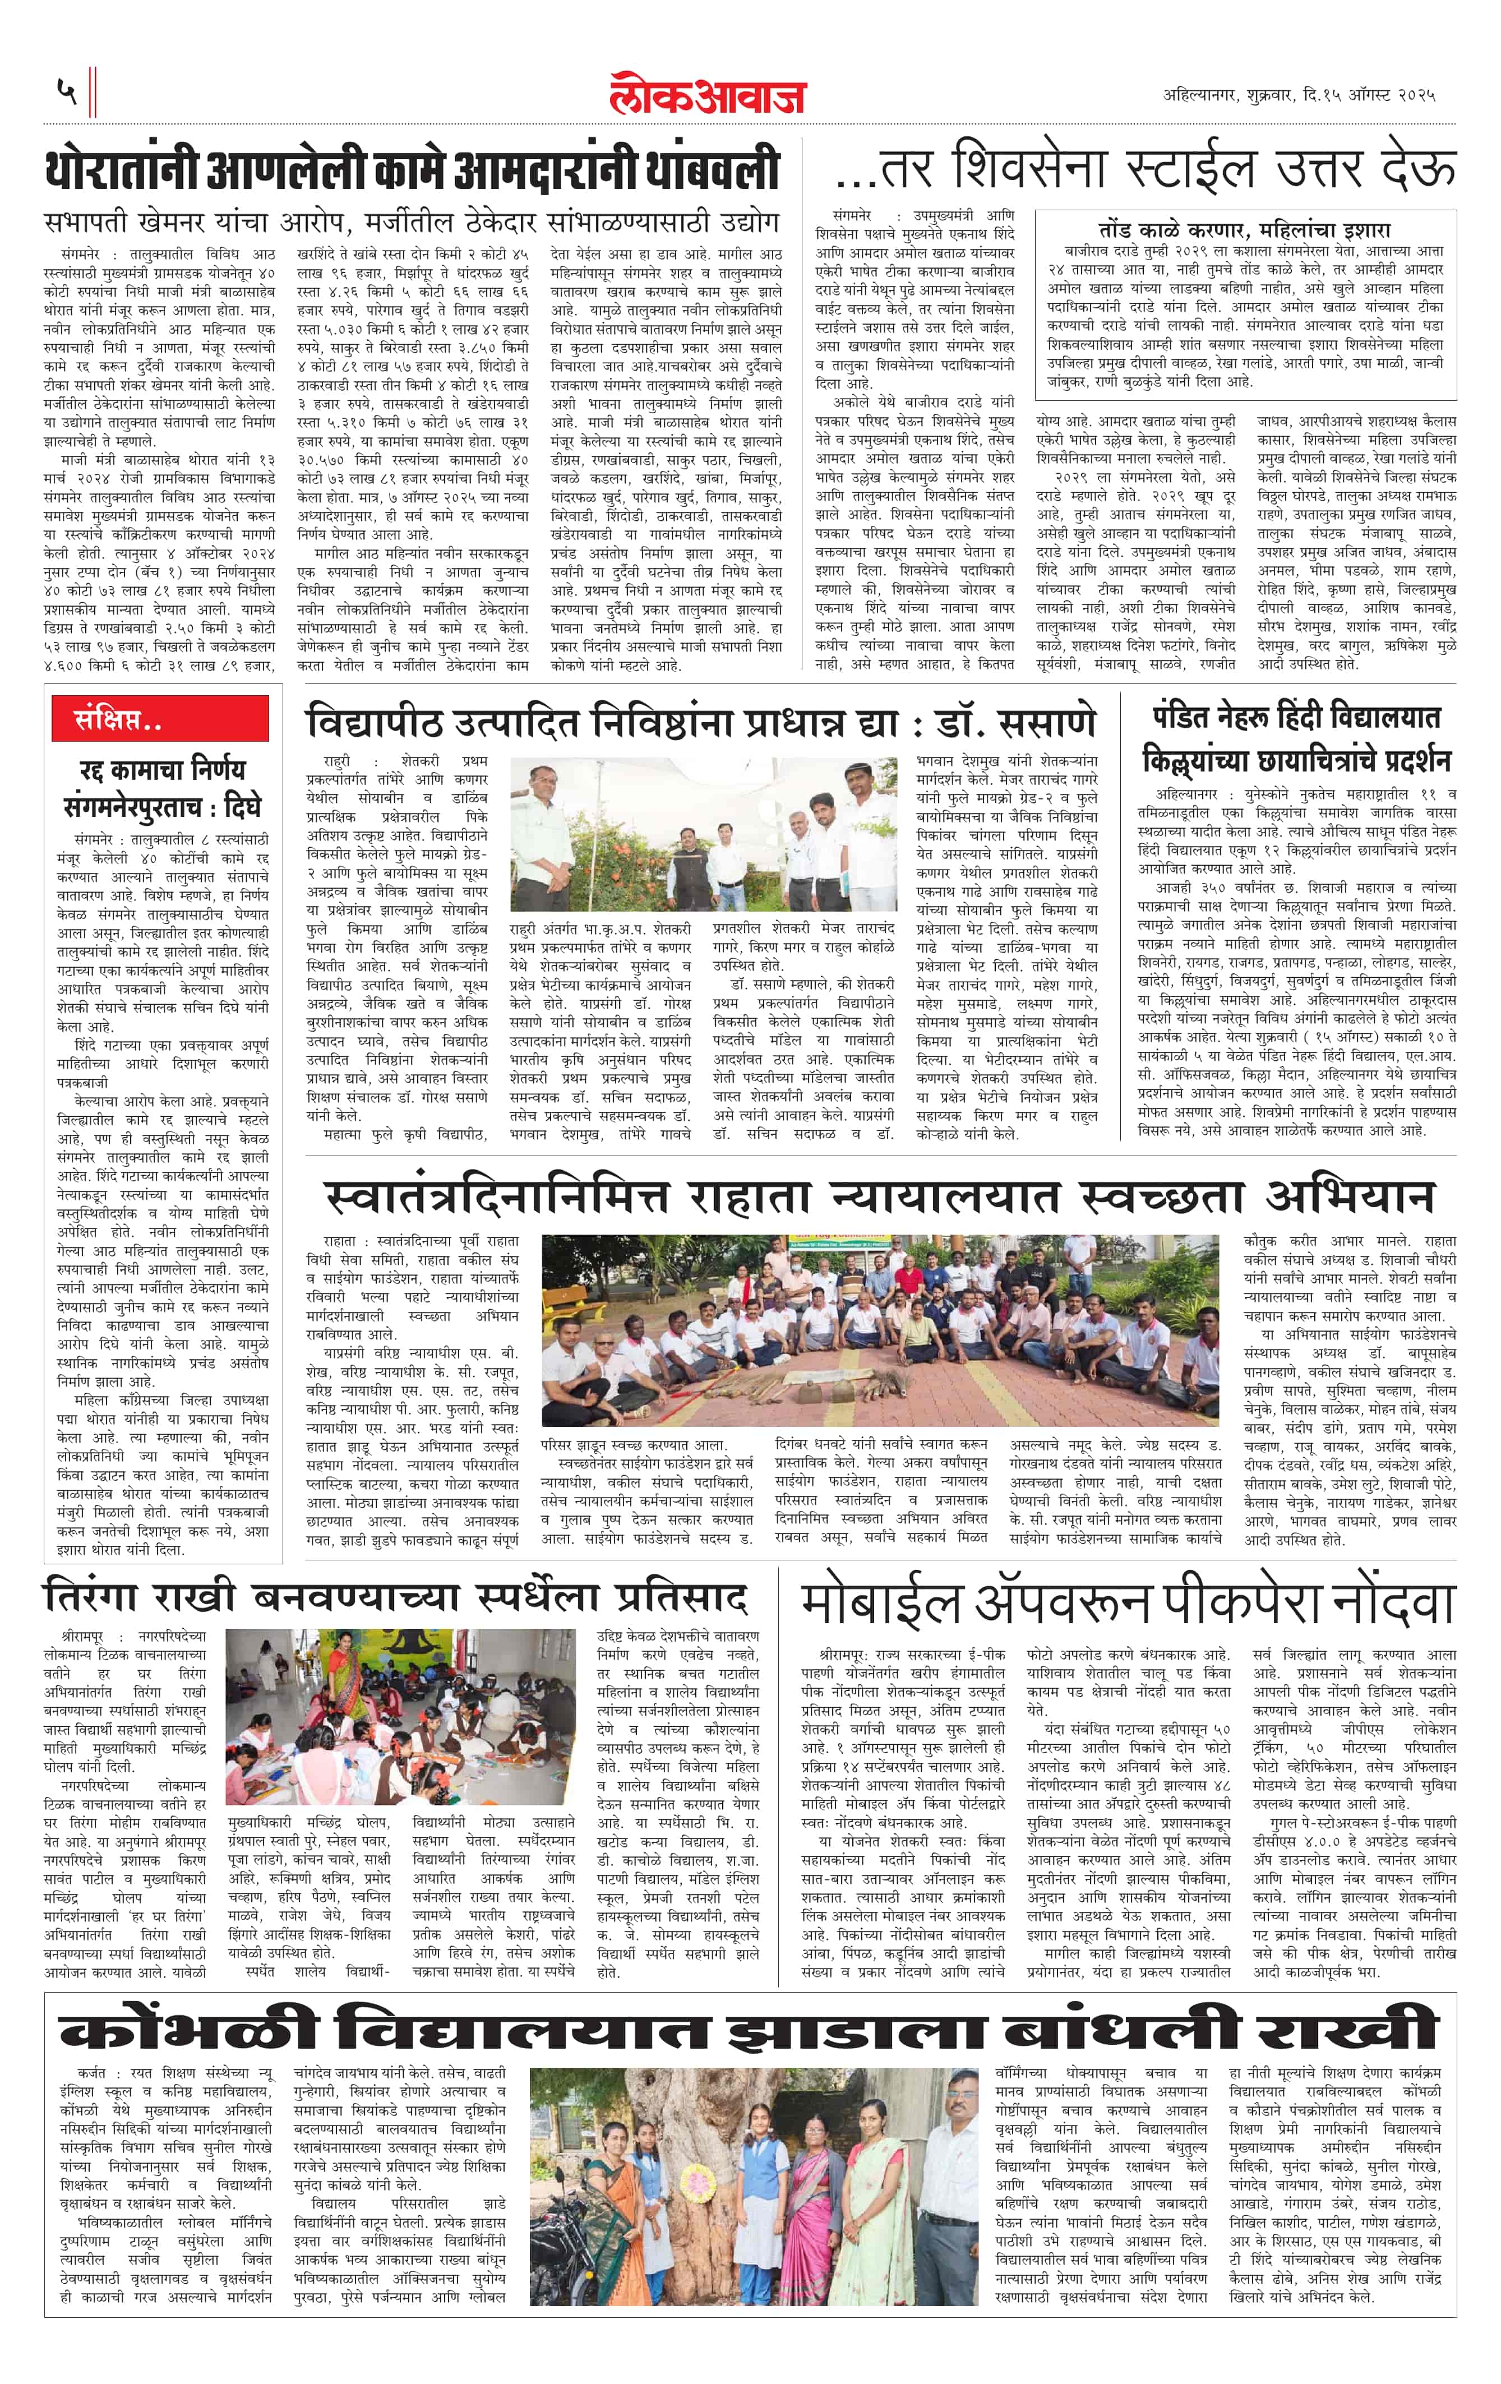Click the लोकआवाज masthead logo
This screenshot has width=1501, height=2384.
tap(708, 94)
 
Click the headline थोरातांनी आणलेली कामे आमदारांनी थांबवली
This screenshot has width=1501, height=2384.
tap(412, 171)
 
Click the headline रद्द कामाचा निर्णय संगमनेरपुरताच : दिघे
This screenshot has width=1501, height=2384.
tap(161, 788)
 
